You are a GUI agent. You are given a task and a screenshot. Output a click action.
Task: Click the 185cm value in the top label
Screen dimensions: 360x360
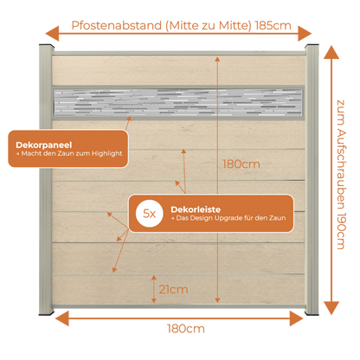coord(273,26)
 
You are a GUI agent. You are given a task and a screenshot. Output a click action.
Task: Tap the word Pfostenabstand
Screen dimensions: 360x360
coord(117,26)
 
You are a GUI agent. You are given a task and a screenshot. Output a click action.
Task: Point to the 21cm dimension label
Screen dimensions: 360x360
coord(173,289)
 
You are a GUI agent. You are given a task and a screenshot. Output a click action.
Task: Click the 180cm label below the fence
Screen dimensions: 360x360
coord(186,329)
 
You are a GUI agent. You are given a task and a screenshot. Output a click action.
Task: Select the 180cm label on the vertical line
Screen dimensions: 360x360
coord(241,164)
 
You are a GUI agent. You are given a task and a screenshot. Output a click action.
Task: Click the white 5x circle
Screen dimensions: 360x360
coord(150,214)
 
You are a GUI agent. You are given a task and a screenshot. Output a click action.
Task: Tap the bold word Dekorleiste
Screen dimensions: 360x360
coord(196,209)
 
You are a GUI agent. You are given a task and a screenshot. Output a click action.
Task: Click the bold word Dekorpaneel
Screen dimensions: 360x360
coord(44,145)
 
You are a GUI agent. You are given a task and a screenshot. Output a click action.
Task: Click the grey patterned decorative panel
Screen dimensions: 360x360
coord(178,103)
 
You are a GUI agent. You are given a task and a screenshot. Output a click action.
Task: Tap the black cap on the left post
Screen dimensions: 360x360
coord(46,45)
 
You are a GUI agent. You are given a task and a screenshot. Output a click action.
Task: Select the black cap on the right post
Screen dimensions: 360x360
coord(312,45)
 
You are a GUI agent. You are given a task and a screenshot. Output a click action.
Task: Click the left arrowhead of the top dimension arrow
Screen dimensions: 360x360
coord(52,34)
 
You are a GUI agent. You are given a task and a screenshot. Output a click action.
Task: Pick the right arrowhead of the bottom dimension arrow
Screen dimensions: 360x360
coord(297,318)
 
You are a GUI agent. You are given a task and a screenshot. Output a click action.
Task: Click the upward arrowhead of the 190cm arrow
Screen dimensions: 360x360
coord(331,52)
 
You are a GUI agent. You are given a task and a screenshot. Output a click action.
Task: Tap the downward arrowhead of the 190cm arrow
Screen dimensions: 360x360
coord(331,308)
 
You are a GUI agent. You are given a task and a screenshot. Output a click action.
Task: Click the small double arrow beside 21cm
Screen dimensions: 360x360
coord(154,289)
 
